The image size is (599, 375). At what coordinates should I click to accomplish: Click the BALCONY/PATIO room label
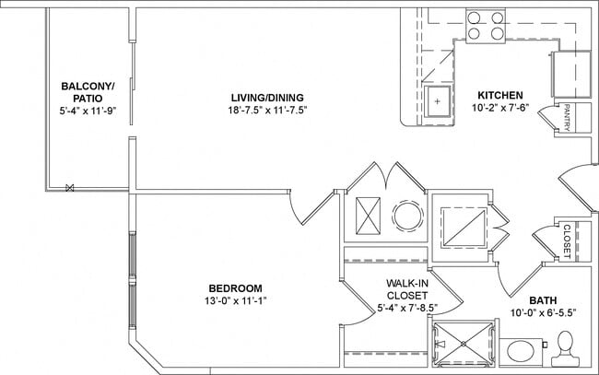[88, 92]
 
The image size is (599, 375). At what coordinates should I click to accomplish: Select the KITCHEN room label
[500, 95]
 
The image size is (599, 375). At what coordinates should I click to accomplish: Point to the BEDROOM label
[235, 287]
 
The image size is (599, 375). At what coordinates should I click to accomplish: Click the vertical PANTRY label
[568, 118]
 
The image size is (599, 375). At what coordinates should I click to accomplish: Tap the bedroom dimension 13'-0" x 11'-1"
[235, 300]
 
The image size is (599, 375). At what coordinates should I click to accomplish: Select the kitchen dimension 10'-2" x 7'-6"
[500, 108]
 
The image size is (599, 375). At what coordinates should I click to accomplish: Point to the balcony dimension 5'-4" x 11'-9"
[88, 110]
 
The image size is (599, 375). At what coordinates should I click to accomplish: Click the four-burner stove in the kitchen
[485, 25]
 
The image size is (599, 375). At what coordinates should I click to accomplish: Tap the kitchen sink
[439, 102]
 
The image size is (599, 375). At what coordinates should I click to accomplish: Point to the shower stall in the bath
[461, 346]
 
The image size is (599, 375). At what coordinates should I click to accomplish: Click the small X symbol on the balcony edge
[70, 188]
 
